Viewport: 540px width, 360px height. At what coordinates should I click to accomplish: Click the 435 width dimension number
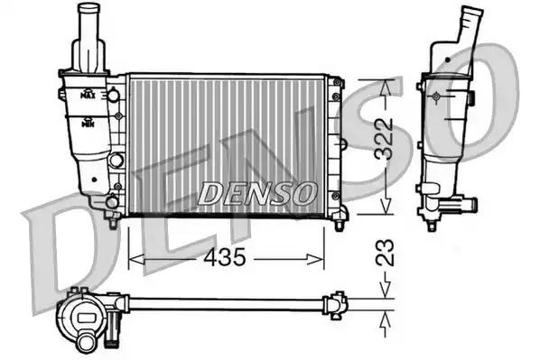click(225, 259)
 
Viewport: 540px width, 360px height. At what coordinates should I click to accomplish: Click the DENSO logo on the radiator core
click(257, 192)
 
